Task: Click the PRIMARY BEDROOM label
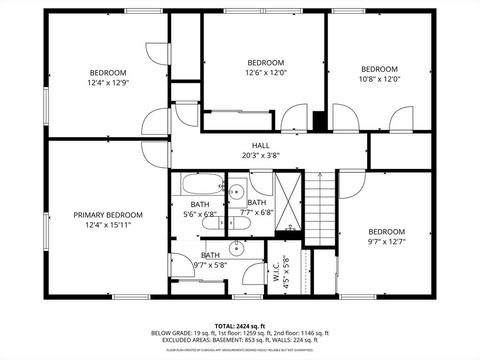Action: click(x=108, y=215)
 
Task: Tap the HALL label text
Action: click(x=261, y=146)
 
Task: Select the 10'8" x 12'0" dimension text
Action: click(x=379, y=79)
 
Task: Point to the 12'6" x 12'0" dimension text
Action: click(x=266, y=73)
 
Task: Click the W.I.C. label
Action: click(x=276, y=272)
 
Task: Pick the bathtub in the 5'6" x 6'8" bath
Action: click(x=202, y=184)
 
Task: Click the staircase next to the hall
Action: click(x=320, y=209)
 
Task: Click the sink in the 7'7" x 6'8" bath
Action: click(x=237, y=191)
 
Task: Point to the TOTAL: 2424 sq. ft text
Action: click(x=240, y=326)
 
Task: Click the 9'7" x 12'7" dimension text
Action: click(x=387, y=242)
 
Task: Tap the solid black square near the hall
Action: click(x=319, y=120)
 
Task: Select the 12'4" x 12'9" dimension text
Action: click(x=108, y=82)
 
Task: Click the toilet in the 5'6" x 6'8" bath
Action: click(x=213, y=223)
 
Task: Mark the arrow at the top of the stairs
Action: click(x=320, y=175)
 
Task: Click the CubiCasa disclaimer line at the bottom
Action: click(x=240, y=350)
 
